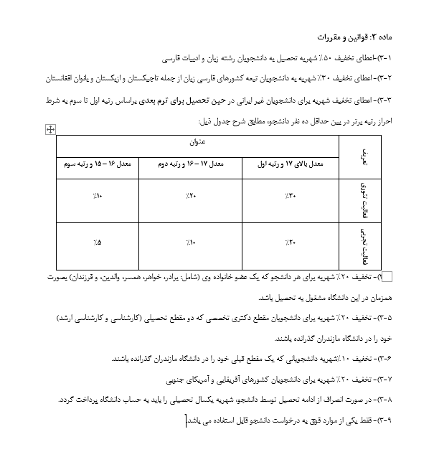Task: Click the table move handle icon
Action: [x=50, y=129]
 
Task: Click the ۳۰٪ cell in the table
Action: [x=288, y=195]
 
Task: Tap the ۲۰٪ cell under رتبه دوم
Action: [x=189, y=195]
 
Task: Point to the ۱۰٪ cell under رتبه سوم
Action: [x=98, y=195]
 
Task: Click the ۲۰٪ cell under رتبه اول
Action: [x=288, y=243]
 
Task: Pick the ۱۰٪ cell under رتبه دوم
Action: [x=189, y=243]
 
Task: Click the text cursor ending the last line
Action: [x=186, y=419]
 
